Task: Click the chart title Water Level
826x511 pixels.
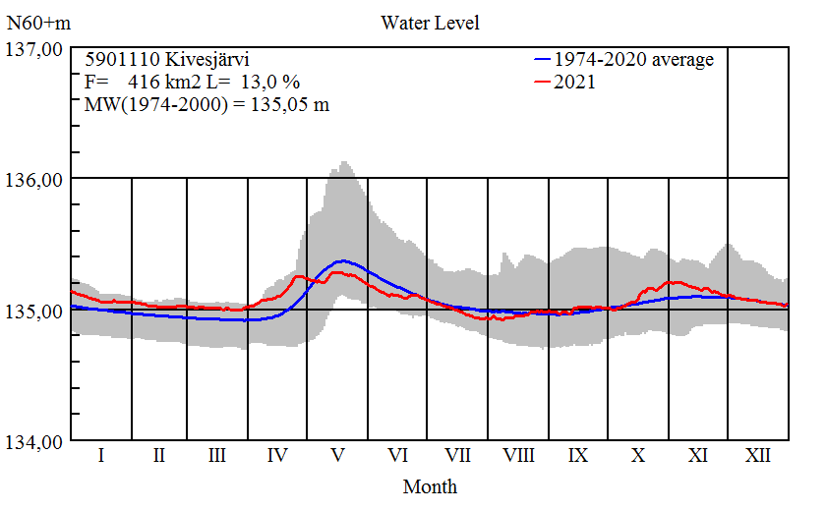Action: pos(430,22)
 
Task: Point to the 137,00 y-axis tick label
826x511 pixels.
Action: pos(35,48)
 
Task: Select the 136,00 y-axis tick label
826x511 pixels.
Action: pos(35,180)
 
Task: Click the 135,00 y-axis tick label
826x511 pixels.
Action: pos(35,312)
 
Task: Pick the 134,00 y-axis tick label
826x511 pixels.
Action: pos(35,442)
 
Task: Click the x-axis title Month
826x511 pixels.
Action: pos(430,485)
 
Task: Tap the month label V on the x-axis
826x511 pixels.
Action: pos(337,456)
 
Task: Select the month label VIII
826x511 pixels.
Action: pos(518,456)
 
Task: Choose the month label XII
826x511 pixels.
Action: pos(757,456)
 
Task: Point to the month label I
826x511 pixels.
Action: pos(100,456)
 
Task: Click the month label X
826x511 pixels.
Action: pos(638,456)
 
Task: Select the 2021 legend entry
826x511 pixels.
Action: pos(574,83)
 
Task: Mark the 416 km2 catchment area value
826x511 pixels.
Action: pos(162,83)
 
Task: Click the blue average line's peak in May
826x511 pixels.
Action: pos(341,260)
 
